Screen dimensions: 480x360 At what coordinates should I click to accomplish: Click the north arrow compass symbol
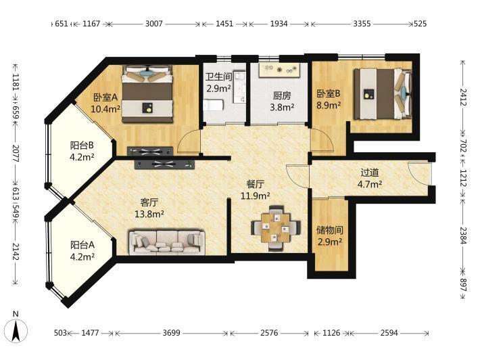click(16, 330)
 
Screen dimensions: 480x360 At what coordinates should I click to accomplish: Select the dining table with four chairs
click(276, 228)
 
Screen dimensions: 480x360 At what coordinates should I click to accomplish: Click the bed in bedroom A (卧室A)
click(147, 93)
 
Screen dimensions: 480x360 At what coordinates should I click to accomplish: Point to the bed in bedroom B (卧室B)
click(383, 93)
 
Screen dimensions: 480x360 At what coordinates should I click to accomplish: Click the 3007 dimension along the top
click(153, 24)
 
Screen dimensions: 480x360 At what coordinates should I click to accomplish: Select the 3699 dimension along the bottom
click(171, 333)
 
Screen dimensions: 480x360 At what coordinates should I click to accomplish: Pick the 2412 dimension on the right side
click(462, 97)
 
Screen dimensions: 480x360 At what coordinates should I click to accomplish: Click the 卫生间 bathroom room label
click(218, 77)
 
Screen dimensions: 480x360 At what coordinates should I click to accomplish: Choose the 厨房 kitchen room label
click(282, 96)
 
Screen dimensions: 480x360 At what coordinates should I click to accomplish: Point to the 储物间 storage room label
click(330, 230)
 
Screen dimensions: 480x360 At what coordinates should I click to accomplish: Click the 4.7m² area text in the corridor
click(370, 185)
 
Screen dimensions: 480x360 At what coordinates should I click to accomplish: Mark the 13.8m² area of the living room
click(149, 214)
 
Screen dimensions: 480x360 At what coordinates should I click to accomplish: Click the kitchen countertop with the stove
click(279, 70)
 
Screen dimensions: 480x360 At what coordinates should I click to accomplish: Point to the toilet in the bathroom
click(213, 106)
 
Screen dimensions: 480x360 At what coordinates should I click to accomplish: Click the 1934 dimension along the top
click(279, 24)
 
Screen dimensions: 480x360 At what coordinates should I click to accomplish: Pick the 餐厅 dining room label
click(255, 184)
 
